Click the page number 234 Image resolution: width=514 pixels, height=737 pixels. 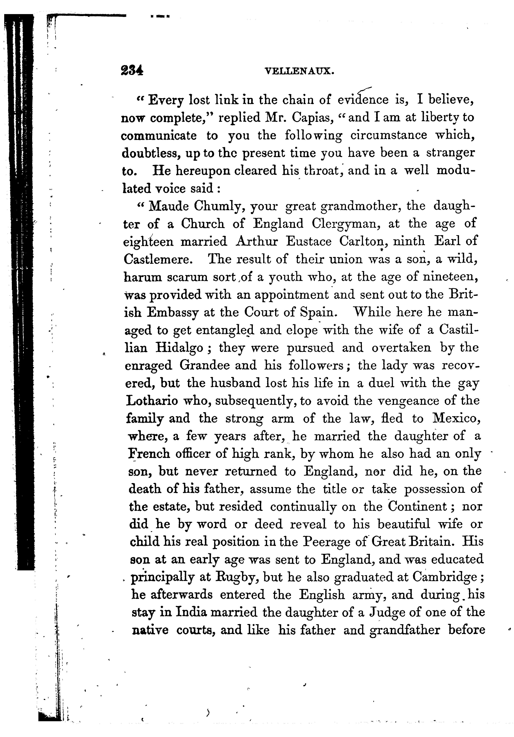pyautogui.click(x=132, y=71)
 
